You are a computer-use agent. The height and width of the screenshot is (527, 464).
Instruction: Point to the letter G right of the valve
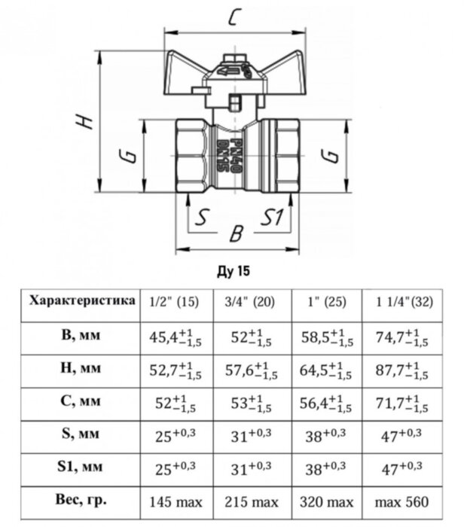pyautogui.click(x=328, y=156)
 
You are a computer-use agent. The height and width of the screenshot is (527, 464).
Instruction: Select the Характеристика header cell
pyautogui.click(x=82, y=301)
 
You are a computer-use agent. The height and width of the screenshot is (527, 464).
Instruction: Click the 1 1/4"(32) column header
pyautogui.click(x=404, y=303)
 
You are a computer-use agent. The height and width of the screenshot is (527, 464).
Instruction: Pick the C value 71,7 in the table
pyautogui.click(x=404, y=402)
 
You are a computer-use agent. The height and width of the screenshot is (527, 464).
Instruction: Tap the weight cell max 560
pyautogui.click(x=404, y=500)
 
